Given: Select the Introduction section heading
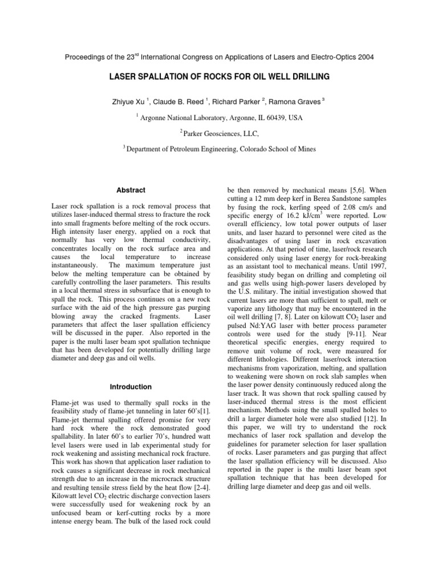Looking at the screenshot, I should click(131, 387).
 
